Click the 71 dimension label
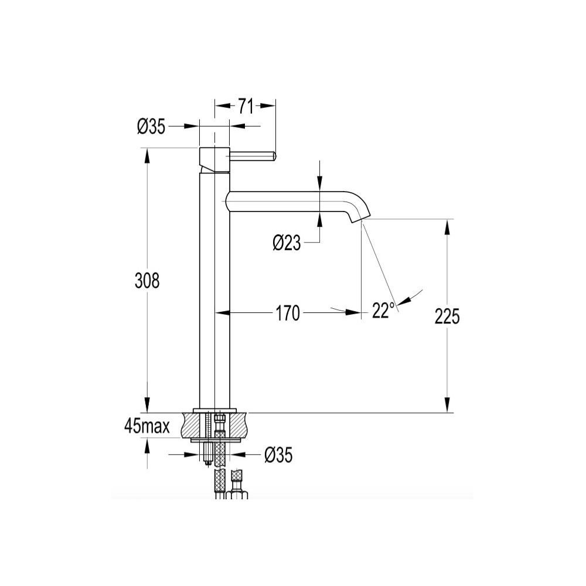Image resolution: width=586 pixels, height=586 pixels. tap(246, 106)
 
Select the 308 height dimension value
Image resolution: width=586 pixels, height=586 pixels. tap(147, 280)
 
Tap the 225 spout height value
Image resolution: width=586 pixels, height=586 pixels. tap(447, 316)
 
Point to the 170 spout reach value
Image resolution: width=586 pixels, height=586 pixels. tap(288, 313)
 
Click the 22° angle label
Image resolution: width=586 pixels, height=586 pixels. tap(383, 310)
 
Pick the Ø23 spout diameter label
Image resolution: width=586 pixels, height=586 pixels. tap(287, 243)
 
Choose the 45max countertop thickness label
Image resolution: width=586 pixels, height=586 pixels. tap(147, 427)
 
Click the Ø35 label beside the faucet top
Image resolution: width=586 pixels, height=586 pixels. tap(151, 127)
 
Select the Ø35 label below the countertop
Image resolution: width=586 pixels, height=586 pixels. tap(278, 455)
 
